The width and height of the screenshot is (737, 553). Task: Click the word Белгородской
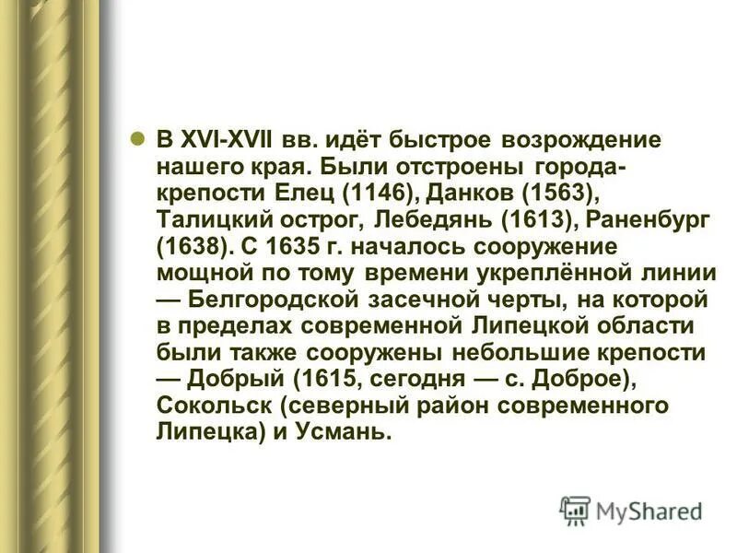point(271,300)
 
